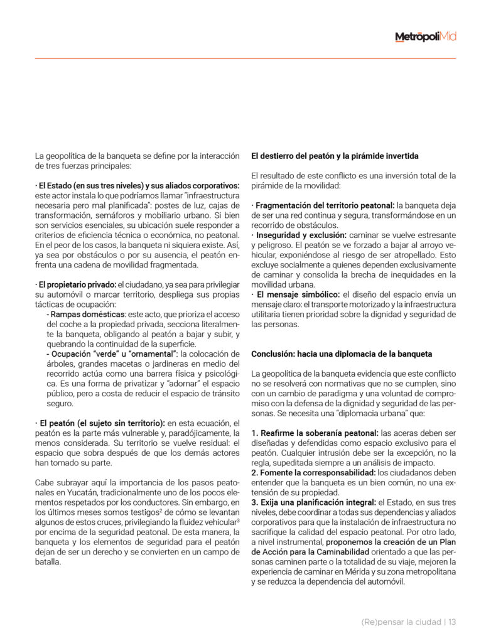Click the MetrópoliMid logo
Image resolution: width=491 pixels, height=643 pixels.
(425, 37)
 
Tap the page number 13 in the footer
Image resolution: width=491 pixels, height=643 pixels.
(452, 622)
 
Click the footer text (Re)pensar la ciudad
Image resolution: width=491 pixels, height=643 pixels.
(401, 622)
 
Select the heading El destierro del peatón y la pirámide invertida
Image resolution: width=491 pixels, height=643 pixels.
(335, 156)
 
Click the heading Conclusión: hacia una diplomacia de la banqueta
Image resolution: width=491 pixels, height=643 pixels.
(342, 354)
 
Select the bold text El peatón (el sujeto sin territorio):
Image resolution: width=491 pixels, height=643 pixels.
(100, 423)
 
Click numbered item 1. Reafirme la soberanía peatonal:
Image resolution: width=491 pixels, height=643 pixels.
(315, 433)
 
